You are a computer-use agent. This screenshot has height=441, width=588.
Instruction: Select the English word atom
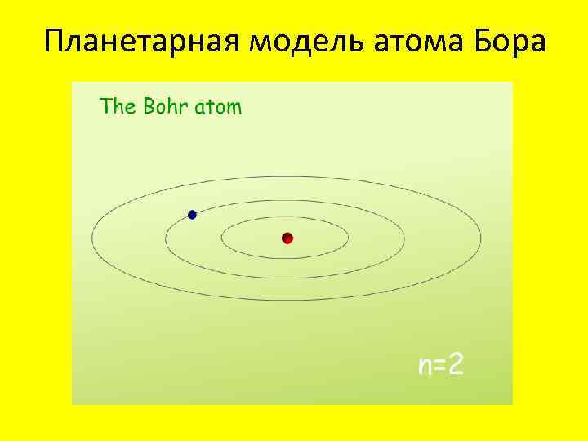click(217, 107)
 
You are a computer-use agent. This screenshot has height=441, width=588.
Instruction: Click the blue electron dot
click(192, 215)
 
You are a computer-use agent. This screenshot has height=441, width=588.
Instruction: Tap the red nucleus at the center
click(287, 238)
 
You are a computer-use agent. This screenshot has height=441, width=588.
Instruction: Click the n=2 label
click(440, 365)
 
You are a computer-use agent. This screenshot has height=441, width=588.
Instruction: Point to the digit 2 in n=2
click(456, 365)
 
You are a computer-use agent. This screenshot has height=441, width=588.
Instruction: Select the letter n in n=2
click(425, 367)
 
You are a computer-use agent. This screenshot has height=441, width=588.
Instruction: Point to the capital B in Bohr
click(149, 106)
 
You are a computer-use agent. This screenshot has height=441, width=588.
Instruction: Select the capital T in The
click(105, 106)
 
